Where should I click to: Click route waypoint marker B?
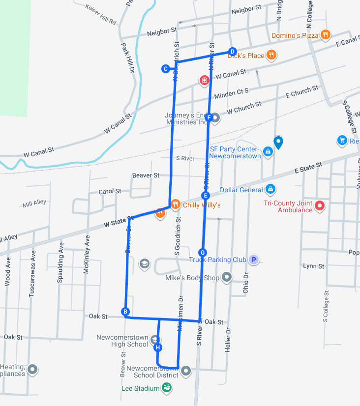tap(125, 312)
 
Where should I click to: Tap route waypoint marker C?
tap(166, 69)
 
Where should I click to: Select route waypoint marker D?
tap(233, 52)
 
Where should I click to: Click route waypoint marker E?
tap(206, 196)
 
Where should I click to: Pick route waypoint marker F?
tap(209, 117)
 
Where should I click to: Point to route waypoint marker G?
tap(202, 252)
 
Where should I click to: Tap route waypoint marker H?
tap(158, 348)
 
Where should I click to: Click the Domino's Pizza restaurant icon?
tap(325, 34)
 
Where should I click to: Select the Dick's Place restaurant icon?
tap(270, 55)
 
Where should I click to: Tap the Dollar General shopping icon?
tap(270, 189)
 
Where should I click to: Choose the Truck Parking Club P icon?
tap(253, 260)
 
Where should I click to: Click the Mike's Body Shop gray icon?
tap(227, 277)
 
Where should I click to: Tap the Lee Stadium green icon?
tap(167, 388)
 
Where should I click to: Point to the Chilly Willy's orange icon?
tap(175, 204)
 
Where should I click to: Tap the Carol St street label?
tap(110, 191)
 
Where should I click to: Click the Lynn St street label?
tap(313, 266)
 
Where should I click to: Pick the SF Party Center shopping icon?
tap(268, 151)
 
